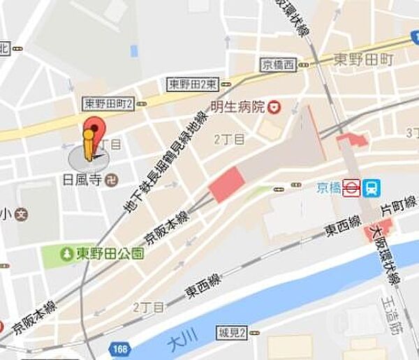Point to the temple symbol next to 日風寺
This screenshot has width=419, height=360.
click(111, 180)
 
